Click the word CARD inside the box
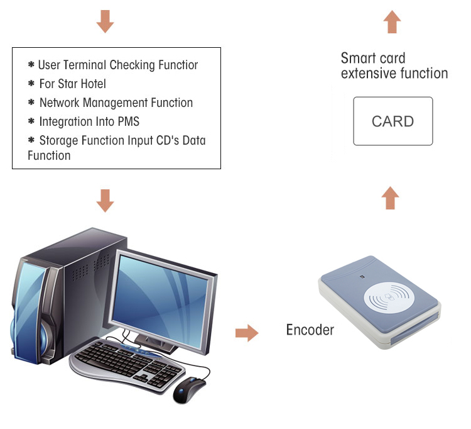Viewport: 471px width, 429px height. (392, 121)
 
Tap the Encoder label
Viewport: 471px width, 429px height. (310, 330)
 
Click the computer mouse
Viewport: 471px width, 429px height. (188, 389)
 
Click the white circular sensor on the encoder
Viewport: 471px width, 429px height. (389, 298)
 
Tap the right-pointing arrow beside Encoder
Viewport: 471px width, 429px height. (247, 333)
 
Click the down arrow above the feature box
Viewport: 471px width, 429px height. (105, 21)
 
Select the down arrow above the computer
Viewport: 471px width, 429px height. (105, 201)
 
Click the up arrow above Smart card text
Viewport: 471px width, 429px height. (392, 21)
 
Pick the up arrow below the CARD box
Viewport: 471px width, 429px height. (390, 198)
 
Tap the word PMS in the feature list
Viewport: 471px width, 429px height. (129, 121)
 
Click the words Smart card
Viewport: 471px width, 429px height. (373, 58)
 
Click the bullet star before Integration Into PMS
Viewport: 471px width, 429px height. (31, 121)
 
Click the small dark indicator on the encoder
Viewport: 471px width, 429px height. (362, 276)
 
